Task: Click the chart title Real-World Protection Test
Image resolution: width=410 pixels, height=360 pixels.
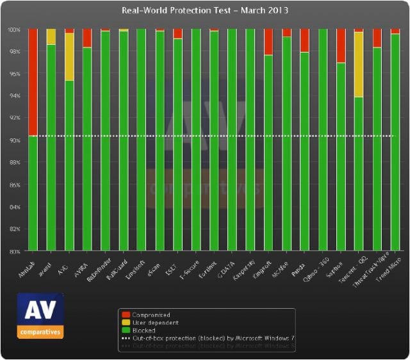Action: pyautogui.click(x=205, y=10)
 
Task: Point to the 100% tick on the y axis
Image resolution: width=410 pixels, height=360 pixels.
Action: pyautogui.click(x=14, y=29)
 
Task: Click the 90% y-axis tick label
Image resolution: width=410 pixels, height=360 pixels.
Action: pyautogui.click(x=14, y=140)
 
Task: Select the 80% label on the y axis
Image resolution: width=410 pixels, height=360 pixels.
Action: pyautogui.click(x=14, y=251)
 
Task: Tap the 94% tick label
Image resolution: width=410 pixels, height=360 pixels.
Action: pyautogui.click(x=14, y=96)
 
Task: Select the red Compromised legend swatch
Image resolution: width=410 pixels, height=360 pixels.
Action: pyautogui.click(x=126, y=315)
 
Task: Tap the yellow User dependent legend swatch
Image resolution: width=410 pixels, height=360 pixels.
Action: pyautogui.click(x=126, y=323)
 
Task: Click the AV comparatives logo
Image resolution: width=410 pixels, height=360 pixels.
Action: pyautogui.click(x=40, y=315)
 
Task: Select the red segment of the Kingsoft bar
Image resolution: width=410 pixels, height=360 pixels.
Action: pyautogui.click(x=268, y=42)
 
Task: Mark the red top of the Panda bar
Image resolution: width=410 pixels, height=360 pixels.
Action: pyautogui.click(x=305, y=40)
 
